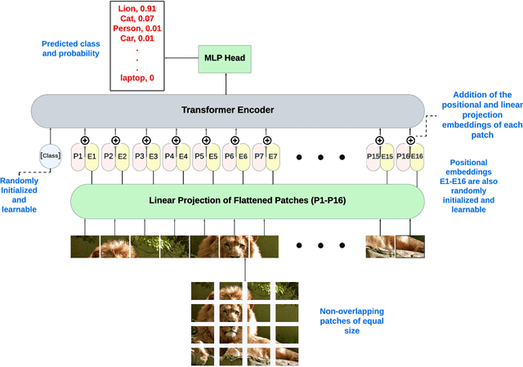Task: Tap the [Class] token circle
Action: point(51,154)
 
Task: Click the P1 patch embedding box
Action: point(78,155)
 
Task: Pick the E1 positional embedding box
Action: point(92,155)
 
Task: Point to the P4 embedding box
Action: point(169,155)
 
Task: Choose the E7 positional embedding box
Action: point(273,155)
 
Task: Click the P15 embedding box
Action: point(373,155)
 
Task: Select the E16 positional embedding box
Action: point(417,155)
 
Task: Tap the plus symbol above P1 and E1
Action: point(85,129)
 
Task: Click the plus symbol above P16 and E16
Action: point(410,129)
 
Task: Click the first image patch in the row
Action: point(85,247)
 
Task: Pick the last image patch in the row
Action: point(410,247)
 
